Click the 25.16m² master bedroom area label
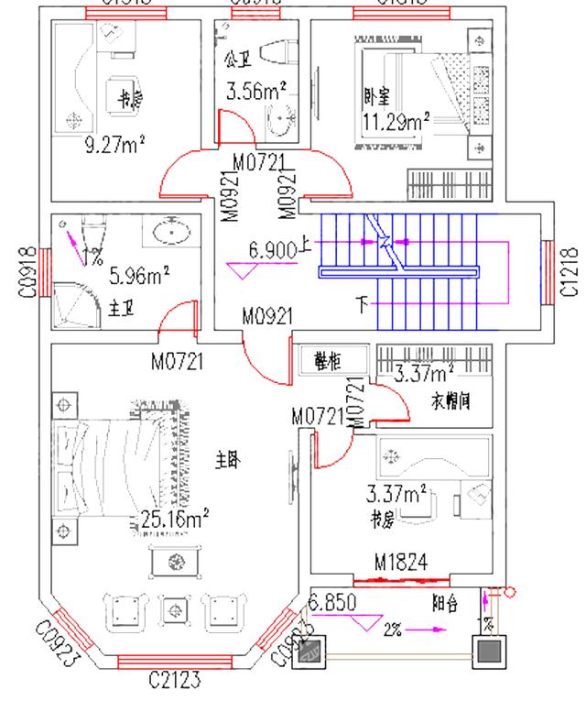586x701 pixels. (x=175, y=521)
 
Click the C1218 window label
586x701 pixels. (x=569, y=271)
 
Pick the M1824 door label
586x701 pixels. (x=401, y=562)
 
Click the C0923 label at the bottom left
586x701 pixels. (x=56, y=642)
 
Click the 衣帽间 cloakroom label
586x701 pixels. (x=450, y=400)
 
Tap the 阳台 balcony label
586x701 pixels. (x=445, y=604)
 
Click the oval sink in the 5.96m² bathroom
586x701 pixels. (x=172, y=232)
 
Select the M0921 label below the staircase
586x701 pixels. (x=267, y=317)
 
